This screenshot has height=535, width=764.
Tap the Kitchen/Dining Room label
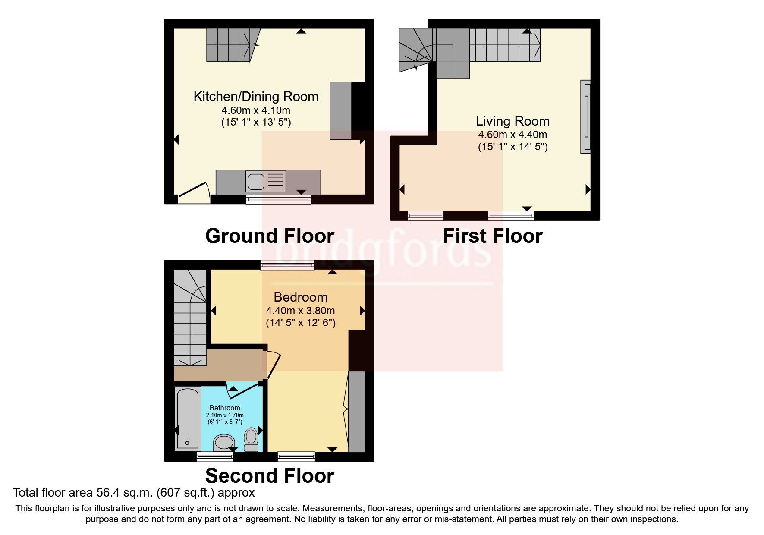pos(256,96)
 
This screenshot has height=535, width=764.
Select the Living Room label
pos(512,121)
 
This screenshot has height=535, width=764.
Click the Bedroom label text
pos(301,297)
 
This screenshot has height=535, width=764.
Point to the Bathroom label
pos(225,408)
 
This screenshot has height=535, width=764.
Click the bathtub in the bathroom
pos(188,418)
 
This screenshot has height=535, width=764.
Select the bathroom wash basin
pos(224,443)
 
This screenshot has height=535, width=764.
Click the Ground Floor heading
pos(270,236)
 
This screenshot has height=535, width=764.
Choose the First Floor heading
pos(493,236)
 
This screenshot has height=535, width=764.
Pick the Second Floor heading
pos(270,475)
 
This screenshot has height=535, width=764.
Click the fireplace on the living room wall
pos(585,116)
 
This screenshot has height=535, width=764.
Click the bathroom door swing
pos(244,388)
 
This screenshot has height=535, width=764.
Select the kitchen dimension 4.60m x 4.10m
pos(256,110)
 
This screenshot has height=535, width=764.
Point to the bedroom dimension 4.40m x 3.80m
pos(301,310)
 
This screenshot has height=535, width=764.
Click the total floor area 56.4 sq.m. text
pos(134,492)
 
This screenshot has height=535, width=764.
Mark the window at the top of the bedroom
pos(287,264)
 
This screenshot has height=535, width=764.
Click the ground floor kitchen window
pos(278,199)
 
